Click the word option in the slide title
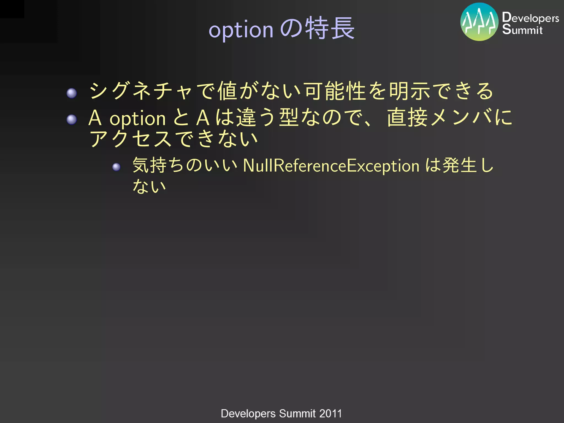coord(241,30)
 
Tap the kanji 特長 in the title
coord(330,28)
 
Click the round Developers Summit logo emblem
coord(479,22)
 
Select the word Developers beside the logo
coord(530,18)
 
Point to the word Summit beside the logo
coord(522,29)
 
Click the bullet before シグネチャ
coord(72,93)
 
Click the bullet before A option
coord(72,120)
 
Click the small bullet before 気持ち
coord(116,167)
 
